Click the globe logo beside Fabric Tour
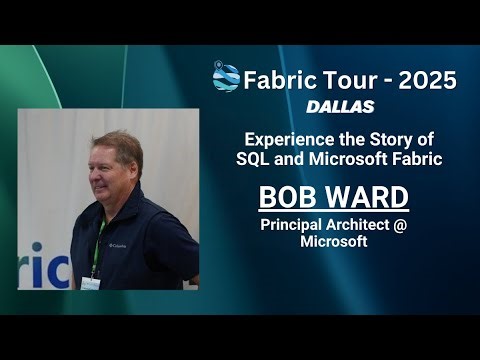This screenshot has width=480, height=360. [x=226, y=77]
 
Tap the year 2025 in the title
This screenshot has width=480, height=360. [x=426, y=79]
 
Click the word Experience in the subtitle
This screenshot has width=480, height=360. [x=290, y=140]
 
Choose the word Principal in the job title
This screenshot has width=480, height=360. [x=292, y=225]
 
